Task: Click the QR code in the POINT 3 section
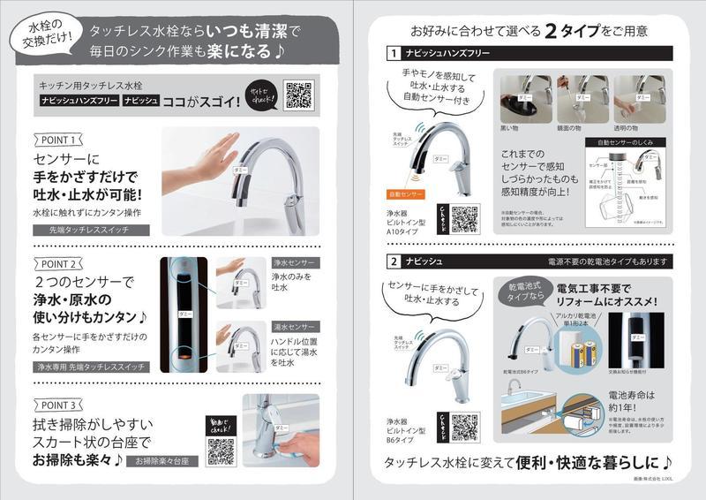tap(221, 450)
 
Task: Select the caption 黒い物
tap(510, 128)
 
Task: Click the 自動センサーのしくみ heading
tap(625, 142)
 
